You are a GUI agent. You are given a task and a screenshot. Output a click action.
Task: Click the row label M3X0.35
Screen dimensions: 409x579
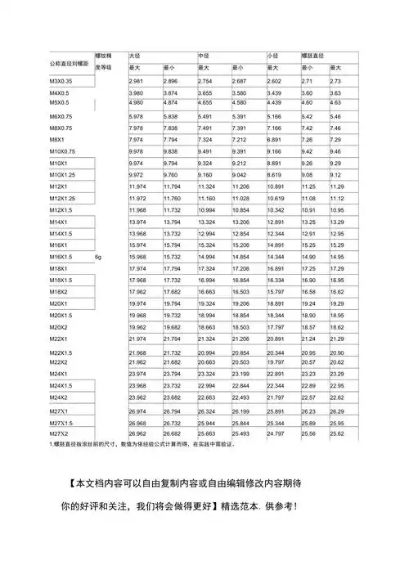[62, 81]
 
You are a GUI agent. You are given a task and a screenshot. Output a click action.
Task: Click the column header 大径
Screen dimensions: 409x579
[135, 55]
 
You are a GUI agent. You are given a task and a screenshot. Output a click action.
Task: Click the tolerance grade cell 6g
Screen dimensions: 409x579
[98, 257]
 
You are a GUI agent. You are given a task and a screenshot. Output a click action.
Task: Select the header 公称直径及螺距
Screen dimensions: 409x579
[69, 62]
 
